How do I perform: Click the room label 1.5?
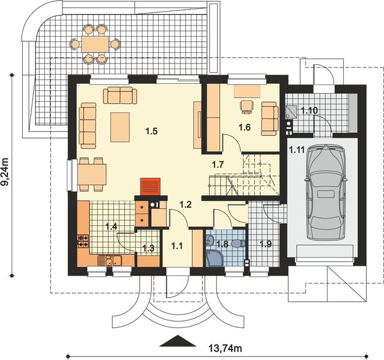pos(151,132)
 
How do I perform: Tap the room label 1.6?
pos(244,127)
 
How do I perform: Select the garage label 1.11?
pos(297,149)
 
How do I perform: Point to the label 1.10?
pos(309,111)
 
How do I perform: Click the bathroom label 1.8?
pos(222,244)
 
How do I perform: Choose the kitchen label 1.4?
pos(112,226)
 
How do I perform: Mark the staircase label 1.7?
pos(218,164)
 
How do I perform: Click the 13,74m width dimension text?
pos(225,348)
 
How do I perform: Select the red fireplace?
pos(150,186)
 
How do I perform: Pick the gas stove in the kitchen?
pos(83,241)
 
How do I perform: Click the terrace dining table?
pos(95,44)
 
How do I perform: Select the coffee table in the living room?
pos(120,127)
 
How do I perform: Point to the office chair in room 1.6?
pos(246,107)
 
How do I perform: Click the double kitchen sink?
pos(113,260)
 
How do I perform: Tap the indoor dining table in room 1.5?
pos(93,175)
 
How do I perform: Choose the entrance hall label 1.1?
pos(177,245)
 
